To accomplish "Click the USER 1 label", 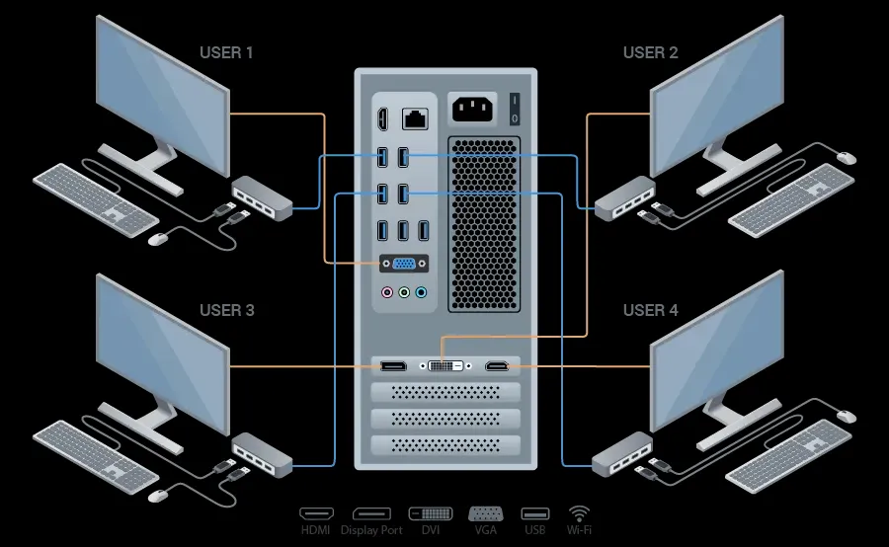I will (226, 52).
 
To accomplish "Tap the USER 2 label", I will (651, 52).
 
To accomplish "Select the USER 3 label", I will (227, 310).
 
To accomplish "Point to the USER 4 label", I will (651, 310).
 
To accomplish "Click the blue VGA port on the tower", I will (404, 265).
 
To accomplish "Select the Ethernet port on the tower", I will (414, 119).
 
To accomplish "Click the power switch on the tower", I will (514, 109).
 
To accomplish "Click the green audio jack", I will (404, 292).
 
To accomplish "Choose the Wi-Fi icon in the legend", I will (579, 513).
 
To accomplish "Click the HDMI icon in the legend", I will (316, 514).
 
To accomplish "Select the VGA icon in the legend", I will (485, 513).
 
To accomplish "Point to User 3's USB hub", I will (262, 451).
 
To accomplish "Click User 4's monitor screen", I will (716, 353).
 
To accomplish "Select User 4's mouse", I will (846, 417).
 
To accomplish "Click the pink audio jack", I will (388, 292).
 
